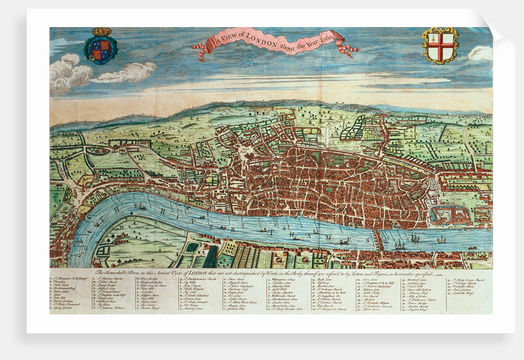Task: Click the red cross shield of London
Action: point(440,45)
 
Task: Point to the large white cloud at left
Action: point(69,73)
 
